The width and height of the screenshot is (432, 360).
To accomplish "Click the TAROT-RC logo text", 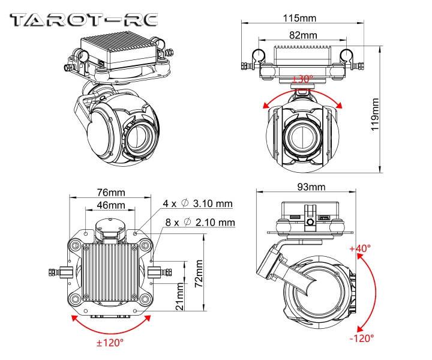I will tap(83, 19).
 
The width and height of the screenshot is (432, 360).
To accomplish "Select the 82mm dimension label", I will tap(302, 35).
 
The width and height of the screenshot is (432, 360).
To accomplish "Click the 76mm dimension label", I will tap(111, 192).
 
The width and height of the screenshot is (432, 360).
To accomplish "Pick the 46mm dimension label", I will tap(111, 205).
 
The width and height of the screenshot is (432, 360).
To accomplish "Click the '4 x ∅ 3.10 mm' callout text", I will tap(197, 204).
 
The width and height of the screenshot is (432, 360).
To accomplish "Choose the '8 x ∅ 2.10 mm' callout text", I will tap(200, 223).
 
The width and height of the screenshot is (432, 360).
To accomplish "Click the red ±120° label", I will tap(110, 343).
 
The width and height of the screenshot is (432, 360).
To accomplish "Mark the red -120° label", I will tap(361, 338).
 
